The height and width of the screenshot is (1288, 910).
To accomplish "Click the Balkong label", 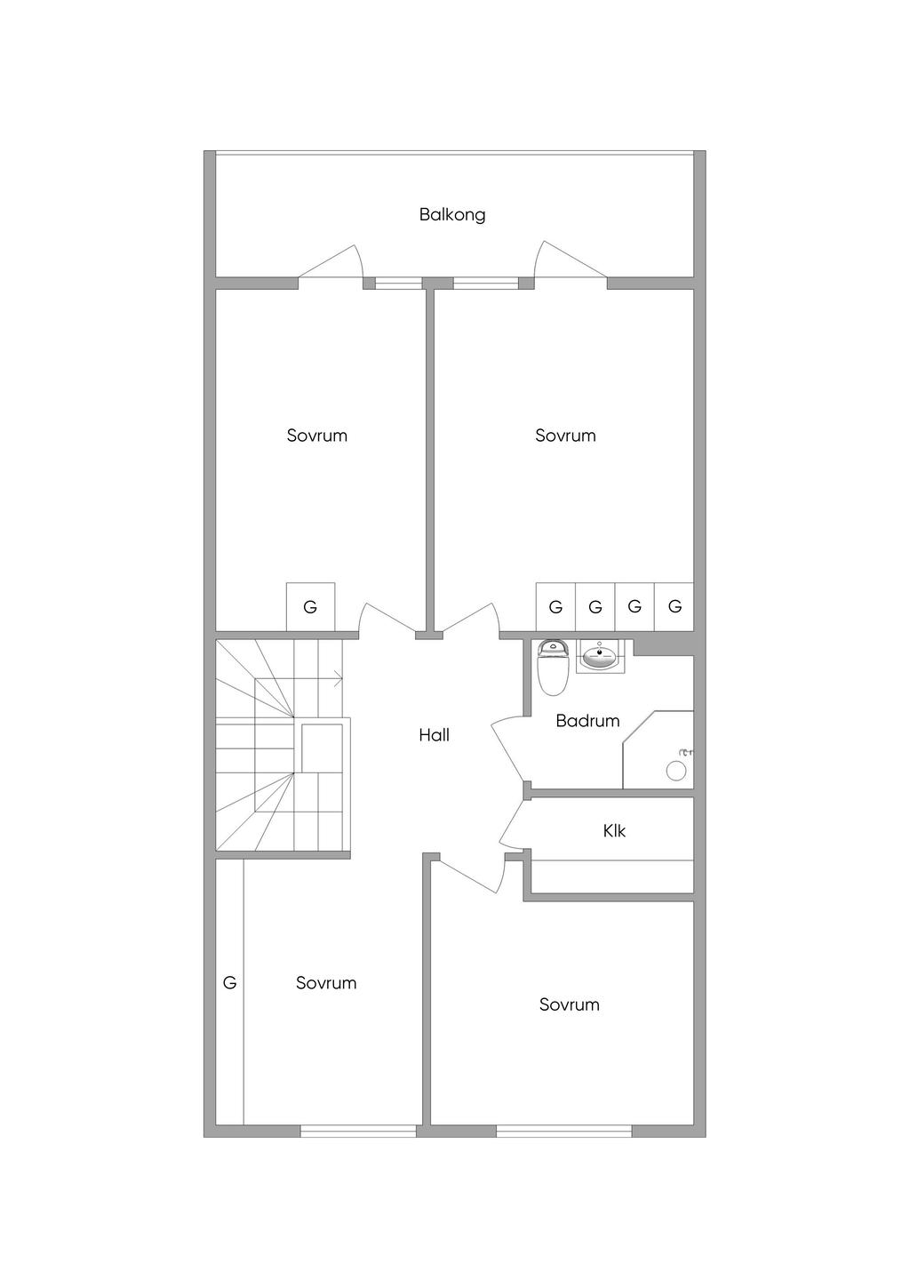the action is coord(451,215).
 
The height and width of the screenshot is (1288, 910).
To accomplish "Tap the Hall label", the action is coord(434,735).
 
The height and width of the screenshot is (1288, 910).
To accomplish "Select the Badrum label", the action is coord(587,721).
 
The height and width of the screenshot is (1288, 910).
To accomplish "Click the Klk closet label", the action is coord(614,831).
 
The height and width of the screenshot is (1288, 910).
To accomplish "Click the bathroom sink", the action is coord(600,656).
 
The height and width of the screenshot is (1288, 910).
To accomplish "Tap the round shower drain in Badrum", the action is coord(676,771).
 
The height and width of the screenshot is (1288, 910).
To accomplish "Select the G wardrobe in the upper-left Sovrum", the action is coord(310,606).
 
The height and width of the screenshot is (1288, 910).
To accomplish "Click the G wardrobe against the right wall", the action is coord(674,606).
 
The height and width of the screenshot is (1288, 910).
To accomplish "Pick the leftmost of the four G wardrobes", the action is coord(555,606).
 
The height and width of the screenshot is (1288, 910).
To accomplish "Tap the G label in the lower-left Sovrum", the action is coord(229,983).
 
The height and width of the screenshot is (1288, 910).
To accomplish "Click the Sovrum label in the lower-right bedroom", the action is coord(569,1004).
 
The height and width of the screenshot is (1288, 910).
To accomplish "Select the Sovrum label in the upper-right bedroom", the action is coord(565,436).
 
